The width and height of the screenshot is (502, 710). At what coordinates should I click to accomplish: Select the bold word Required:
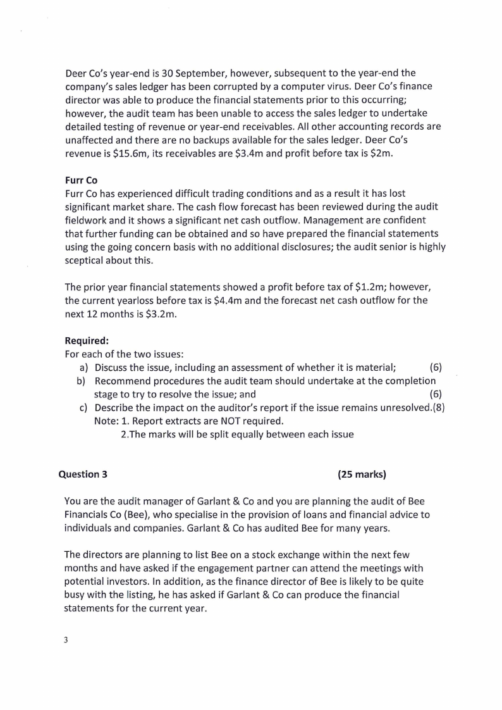(x=87, y=340)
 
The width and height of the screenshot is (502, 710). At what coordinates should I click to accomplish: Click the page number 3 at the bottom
(x=66, y=639)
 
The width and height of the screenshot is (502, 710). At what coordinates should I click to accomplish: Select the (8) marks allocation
(x=438, y=408)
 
